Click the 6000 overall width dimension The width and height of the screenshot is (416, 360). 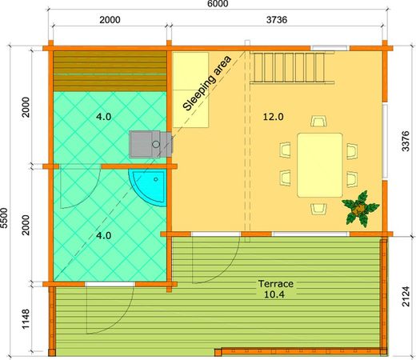(217, 5)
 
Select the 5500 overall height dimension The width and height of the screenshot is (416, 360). (6, 219)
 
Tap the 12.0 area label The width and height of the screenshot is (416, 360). (274, 117)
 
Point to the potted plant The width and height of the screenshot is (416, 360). (359, 208)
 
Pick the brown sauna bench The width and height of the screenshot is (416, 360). (110, 71)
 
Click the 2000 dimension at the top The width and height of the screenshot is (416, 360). (111, 20)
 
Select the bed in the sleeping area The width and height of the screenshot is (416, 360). (192, 88)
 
